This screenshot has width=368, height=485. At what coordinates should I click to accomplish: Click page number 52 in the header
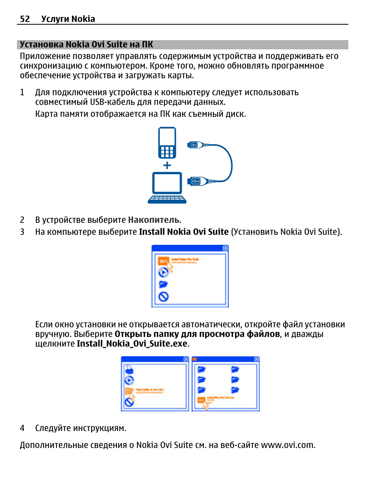tap(25, 19)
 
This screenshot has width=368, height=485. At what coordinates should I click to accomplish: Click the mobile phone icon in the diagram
tap(167, 143)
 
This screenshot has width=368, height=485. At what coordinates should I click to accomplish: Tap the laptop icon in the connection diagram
tap(167, 188)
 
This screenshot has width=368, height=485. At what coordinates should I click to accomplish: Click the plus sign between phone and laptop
tap(167, 165)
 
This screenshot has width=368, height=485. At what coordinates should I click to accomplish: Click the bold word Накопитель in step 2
tap(154, 220)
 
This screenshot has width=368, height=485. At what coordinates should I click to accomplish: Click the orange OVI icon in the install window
tap(164, 261)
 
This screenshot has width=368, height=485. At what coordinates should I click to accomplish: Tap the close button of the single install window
tap(225, 248)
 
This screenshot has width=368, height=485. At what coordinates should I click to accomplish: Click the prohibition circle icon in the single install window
tap(164, 296)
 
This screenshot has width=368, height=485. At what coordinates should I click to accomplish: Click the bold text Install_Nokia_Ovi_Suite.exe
tap(132, 344)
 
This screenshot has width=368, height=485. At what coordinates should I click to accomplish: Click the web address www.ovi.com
tap(287, 445)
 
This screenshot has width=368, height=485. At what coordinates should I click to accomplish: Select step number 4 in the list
tap(22, 428)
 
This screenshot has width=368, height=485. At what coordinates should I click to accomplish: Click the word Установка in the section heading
tap(41, 45)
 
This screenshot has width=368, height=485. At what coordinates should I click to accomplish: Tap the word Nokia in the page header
tap(83, 19)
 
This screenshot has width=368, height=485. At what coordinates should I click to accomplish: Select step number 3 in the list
tap(22, 232)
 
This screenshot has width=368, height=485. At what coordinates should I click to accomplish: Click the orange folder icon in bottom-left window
tap(129, 391)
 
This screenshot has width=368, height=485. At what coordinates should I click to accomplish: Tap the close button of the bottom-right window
tap(257, 359)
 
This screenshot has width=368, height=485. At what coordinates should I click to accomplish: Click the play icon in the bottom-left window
tap(129, 381)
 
